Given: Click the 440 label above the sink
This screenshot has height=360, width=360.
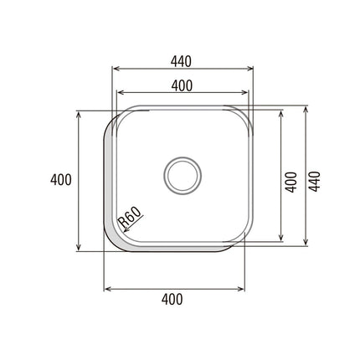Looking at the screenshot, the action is coord(182,62).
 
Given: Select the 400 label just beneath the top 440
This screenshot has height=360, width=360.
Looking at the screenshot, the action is coord(182,86).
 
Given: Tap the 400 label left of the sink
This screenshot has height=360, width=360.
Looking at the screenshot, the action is coord(61,179).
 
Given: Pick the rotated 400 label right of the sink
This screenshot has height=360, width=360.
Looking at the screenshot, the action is coord(291,182).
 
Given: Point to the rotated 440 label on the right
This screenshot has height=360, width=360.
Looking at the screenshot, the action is coord(315,182).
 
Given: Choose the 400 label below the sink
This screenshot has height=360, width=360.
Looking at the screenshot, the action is coord(172,300).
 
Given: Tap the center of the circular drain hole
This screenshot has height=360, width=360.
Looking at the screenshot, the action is coord(183,176).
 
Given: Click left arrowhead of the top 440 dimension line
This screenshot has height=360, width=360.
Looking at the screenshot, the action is coord(114,69).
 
